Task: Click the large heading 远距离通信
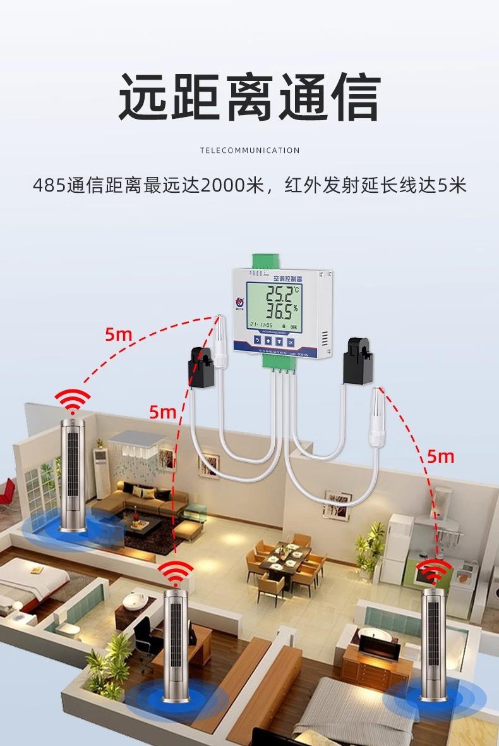[x=249, y=99]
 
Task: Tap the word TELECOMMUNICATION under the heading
[x=249, y=150]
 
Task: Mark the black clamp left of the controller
[x=201, y=367]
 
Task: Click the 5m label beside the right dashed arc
[x=440, y=455]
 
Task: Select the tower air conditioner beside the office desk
[x=176, y=645]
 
